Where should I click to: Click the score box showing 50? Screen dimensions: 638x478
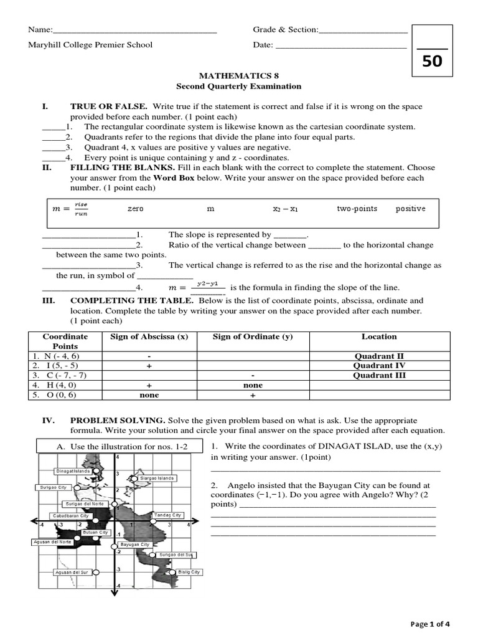[x=432, y=61]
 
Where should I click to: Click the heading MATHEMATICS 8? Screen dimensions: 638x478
[x=238, y=75]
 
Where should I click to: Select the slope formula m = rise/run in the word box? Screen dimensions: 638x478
[x=70, y=209]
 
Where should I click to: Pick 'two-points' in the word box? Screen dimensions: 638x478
[x=357, y=209]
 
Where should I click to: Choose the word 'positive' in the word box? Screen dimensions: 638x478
[x=410, y=209]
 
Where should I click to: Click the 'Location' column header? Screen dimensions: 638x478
[x=378, y=336]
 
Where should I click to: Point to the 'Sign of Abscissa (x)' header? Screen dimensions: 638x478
[x=149, y=336]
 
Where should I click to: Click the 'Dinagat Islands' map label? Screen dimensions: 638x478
[x=73, y=471]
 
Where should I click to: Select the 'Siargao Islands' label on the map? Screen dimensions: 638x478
[x=157, y=478]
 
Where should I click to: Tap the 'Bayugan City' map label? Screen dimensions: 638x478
[x=134, y=544]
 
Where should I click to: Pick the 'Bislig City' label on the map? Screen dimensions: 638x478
[x=189, y=572]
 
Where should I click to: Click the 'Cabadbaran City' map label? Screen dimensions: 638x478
[x=71, y=516]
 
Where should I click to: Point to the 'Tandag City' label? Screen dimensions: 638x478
[x=168, y=515]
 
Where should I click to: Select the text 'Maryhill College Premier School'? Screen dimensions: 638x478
[x=90, y=45]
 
